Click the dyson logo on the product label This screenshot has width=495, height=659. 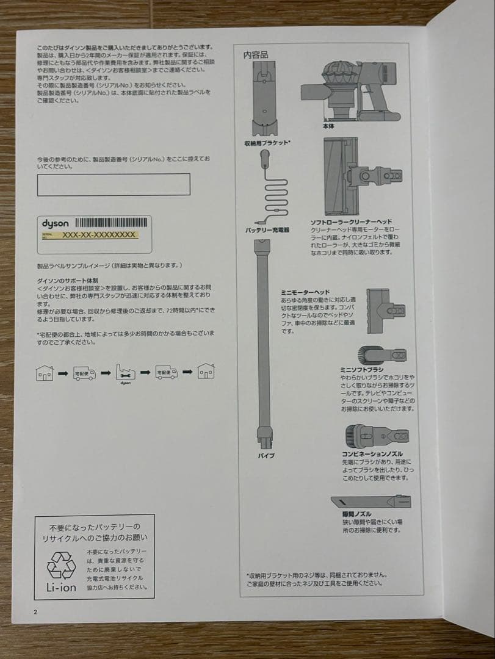56,223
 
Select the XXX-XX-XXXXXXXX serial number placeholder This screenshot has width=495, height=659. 99,235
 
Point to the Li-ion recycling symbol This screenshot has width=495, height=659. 61,564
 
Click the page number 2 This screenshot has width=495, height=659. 35,611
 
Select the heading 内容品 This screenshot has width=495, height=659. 255,55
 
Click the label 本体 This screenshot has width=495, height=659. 328,126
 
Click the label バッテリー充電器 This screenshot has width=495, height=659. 267,230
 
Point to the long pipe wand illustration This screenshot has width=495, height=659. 264,342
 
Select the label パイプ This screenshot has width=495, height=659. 266,456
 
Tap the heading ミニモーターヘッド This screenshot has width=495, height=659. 305,293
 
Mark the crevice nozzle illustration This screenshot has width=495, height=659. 372,501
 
